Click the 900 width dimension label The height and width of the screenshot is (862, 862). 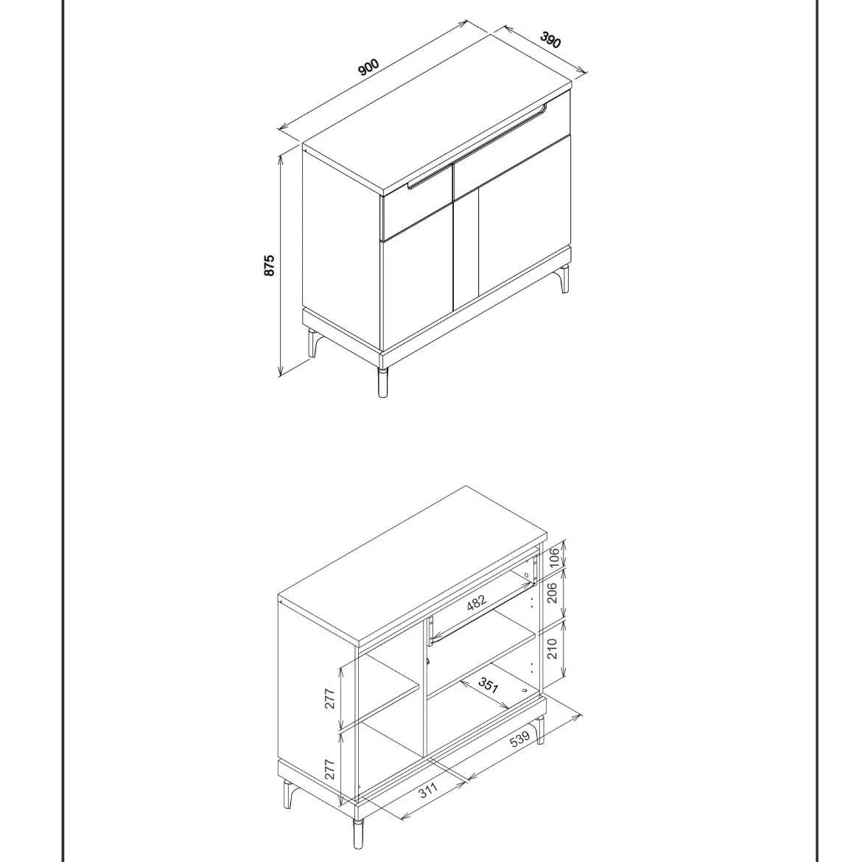pos(368,67)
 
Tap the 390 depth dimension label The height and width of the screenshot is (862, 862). pos(550,40)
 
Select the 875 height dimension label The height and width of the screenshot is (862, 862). pos(270,265)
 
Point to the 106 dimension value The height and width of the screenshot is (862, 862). pos(555,553)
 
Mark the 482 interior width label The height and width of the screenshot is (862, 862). pos(477,603)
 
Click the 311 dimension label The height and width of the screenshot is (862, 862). pos(428,790)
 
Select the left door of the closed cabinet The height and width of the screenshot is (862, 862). pos(416,284)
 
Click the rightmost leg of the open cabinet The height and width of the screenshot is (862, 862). pos(540,729)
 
